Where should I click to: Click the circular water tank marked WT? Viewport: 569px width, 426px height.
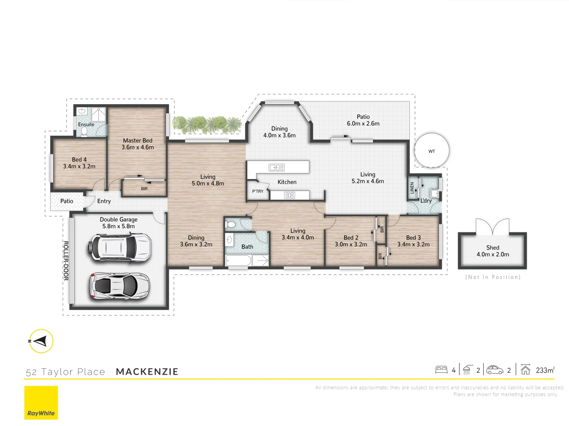[x=431, y=151]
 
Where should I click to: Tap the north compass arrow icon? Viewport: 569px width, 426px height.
[x=41, y=341]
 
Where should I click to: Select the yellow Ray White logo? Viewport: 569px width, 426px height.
[x=41, y=402]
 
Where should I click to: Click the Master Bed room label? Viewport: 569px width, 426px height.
[x=138, y=140]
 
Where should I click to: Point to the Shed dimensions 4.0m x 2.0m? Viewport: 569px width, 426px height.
[x=493, y=254]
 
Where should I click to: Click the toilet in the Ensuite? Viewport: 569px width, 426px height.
[x=84, y=131]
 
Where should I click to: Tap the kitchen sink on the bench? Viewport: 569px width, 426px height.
[x=277, y=167]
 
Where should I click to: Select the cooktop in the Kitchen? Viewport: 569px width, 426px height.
[x=290, y=195]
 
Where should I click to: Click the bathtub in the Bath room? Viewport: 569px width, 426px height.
[x=238, y=260]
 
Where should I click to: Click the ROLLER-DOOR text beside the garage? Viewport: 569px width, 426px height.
[x=66, y=260]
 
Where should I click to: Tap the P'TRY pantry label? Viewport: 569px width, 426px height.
[x=258, y=191]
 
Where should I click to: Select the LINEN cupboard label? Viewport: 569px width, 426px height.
[x=412, y=187]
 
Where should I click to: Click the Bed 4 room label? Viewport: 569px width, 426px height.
[x=79, y=159]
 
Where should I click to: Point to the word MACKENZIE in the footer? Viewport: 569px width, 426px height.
[x=147, y=372]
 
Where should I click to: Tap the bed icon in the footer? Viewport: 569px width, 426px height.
[x=441, y=370]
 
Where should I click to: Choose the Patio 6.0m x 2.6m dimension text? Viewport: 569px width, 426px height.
[x=363, y=123]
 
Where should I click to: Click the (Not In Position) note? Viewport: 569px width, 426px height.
[x=493, y=277]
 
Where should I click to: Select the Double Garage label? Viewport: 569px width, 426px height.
[x=119, y=219]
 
